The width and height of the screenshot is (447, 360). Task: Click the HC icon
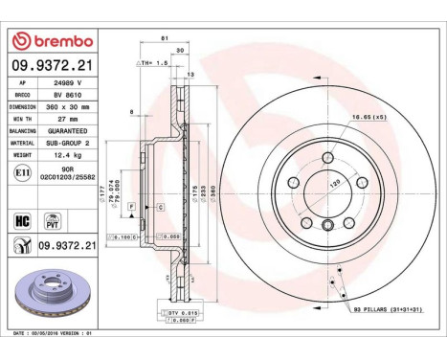coord(20,219)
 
